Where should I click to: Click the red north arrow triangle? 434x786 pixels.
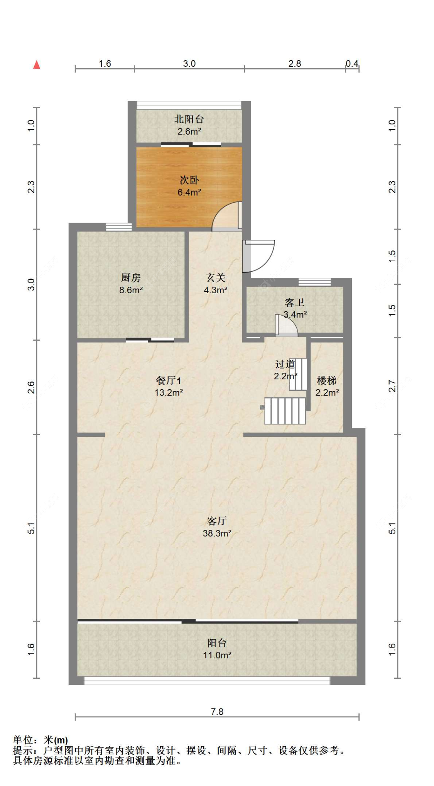(x=37, y=64)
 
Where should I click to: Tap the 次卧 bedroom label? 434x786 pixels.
(x=189, y=180)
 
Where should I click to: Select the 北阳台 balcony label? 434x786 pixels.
(x=189, y=119)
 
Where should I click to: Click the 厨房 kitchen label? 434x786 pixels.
(x=131, y=277)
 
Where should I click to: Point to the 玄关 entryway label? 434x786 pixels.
(x=215, y=277)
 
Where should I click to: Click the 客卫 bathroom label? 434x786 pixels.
(x=295, y=303)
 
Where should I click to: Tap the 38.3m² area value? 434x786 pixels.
(x=217, y=533)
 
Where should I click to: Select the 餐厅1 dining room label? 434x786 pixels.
(x=168, y=380)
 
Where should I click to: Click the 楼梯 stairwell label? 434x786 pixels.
(x=327, y=381)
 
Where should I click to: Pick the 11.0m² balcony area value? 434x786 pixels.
(x=217, y=655)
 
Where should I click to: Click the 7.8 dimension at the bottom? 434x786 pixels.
(x=217, y=712)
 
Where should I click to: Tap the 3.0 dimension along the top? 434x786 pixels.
(x=189, y=64)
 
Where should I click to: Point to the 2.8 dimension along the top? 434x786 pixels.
(x=295, y=64)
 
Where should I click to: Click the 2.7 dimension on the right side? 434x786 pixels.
(x=392, y=386)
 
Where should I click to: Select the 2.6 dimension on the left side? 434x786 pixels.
(x=31, y=387)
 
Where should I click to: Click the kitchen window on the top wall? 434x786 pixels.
(x=119, y=227)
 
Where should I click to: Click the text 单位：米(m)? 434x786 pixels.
(x=41, y=740)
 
